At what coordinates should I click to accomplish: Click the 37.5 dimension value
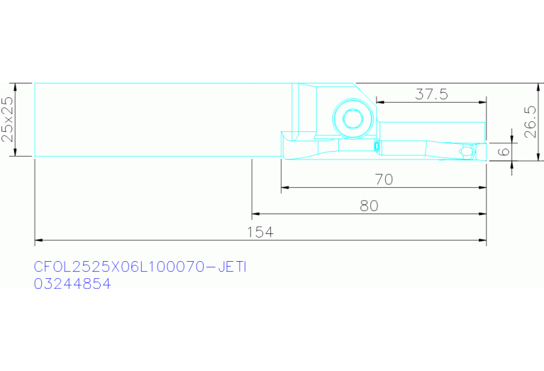(x=432, y=94)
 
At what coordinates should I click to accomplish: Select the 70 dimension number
(x=384, y=179)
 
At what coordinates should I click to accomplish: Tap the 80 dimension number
(x=369, y=206)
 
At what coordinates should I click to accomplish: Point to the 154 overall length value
(x=260, y=232)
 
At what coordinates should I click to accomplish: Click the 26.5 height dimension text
(x=531, y=122)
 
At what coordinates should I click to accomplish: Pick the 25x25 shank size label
(x=8, y=119)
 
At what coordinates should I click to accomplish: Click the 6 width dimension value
(x=504, y=151)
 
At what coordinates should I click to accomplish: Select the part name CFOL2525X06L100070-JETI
(x=140, y=267)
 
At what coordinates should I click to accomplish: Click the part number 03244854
(x=72, y=284)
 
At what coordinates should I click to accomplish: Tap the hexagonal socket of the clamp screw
(x=353, y=118)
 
